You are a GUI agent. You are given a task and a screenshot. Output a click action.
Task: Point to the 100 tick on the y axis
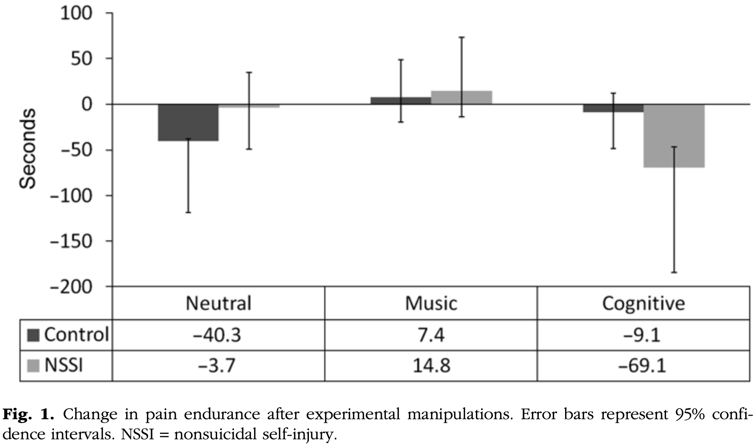pos(76,13)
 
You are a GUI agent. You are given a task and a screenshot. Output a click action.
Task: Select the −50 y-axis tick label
pos(76,150)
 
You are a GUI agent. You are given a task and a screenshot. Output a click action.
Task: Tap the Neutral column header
pos(218,303)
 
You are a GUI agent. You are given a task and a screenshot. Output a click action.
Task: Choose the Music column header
pos(431,303)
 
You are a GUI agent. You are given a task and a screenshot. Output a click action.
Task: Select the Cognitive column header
pos(643,303)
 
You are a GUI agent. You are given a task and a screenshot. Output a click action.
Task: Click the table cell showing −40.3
pos(218,335)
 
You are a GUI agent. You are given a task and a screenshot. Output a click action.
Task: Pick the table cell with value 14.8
pos(431,366)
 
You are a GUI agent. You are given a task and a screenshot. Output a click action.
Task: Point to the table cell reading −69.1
pos(643,366)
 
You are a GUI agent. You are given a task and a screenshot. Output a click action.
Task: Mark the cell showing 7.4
pos(431,335)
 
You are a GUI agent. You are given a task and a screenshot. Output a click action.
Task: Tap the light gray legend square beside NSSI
pos(33,366)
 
